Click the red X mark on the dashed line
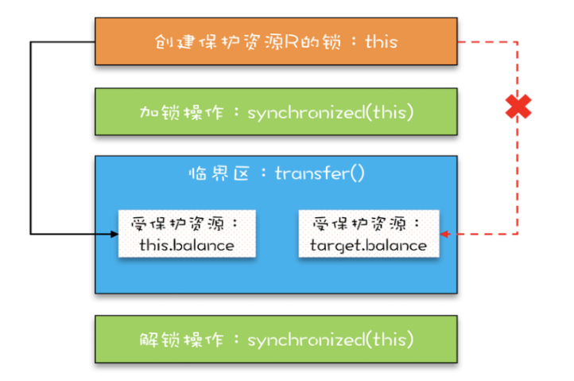click(x=518, y=107)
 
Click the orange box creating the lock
click(x=276, y=41)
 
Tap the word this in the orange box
click(x=381, y=41)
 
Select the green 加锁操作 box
click(x=276, y=112)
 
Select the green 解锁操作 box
click(x=276, y=340)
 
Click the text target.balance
click(x=368, y=245)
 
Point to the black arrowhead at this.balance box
click(x=114, y=234)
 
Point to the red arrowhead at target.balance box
click(x=444, y=234)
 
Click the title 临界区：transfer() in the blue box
click(x=276, y=173)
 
